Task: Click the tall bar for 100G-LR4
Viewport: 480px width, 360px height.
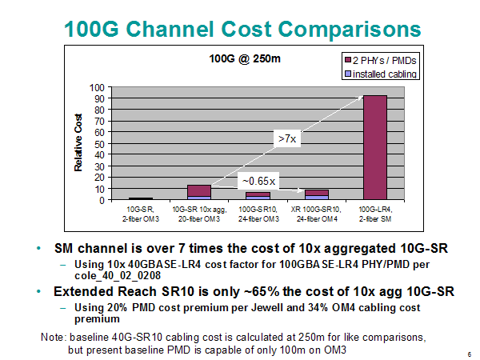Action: tap(375, 147)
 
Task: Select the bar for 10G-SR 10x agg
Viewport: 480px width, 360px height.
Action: tap(199, 192)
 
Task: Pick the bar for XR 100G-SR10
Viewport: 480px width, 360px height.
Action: tap(317, 194)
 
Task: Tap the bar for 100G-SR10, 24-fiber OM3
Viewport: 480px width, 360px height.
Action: tap(258, 196)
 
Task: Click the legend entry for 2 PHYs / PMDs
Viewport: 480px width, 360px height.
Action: tap(381, 60)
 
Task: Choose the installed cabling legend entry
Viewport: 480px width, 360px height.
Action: tap(381, 74)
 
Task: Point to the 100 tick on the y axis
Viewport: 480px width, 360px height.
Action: tap(97, 88)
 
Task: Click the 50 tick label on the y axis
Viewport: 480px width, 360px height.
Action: tap(99, 144)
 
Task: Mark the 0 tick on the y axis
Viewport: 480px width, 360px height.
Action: tap(102, 201)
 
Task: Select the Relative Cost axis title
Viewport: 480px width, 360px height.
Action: tap(78, 142)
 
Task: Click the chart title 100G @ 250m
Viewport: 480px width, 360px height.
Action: tap(245, 58)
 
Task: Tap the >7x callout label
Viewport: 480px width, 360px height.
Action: tap(287, 139)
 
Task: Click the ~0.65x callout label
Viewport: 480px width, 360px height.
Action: tap(258, 181)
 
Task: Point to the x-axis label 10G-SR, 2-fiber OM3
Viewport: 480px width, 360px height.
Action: tap(141, 214)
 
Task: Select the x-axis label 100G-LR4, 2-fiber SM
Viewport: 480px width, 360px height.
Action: tap(375, 214)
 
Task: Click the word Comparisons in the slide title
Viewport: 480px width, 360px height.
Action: tap(350, 30)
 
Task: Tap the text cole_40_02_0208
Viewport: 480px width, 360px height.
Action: tap(118, 275)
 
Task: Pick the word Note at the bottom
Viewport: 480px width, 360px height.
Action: tap(53, 337)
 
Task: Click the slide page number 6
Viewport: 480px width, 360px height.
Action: tap(470, 354)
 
